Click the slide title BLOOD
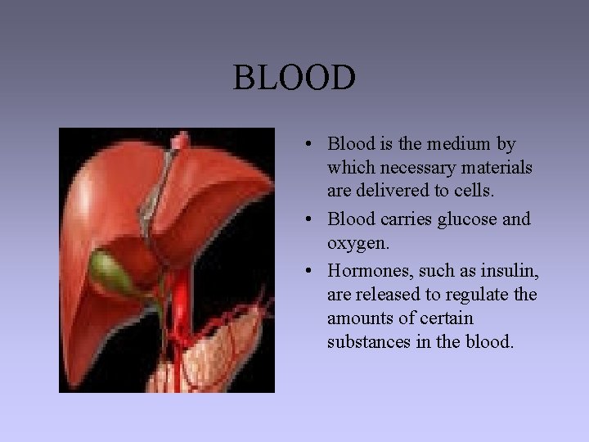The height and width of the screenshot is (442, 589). (x=294, y=79)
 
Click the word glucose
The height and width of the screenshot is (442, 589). (x=464, y=219)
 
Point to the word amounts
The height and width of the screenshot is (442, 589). (x=359, y=318)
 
